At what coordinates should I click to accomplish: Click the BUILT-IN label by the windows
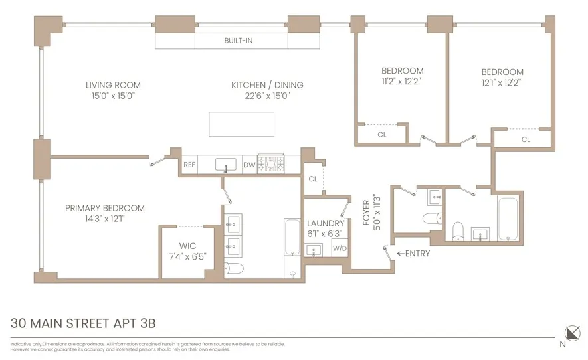pyautogui.click(x=238, y=41)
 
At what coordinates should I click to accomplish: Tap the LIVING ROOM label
pyautogui.click(x=113, y=85)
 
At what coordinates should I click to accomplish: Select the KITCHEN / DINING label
pyautogui.click(x=267, y=85)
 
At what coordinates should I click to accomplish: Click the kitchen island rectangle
pyautogui.click(x=242, y=124)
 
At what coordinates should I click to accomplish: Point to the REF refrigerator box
pyautogui.click(x=189, y=165)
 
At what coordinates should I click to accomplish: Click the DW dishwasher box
pyautogui.click(x=249, y=165)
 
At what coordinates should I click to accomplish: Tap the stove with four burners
pyautogui.click(x=270, y=163)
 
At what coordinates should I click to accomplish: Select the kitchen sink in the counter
pyautogui.click(x=225, y=164)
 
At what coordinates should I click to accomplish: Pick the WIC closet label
pyautogui.click(x=187, y=246)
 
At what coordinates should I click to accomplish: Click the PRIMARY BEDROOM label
pyautogui.click(x=105, y=208)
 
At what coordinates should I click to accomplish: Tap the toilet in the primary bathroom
pyautogui.click(x=234, y=268)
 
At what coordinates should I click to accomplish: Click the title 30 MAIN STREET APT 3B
pyautogui.click(x=83, y=324)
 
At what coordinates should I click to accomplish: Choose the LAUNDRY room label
pyautogui.click(x=326, y=224)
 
